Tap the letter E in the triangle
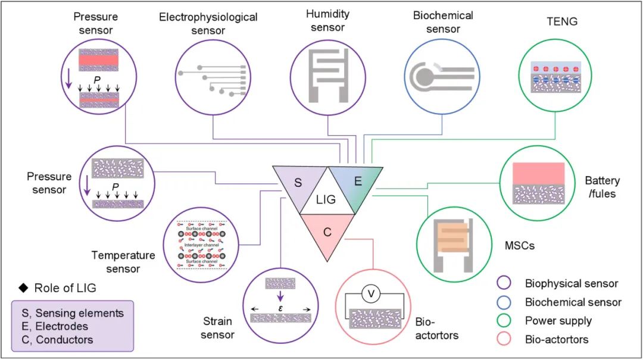click(x=358, y=182)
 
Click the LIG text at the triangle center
click(x=326, y=200)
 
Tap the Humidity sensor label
click(x=329, y=21)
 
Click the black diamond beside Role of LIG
click(x=24, y=289)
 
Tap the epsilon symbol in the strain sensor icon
click(x=280, y=309)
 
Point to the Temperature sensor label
click(x=123, y=262)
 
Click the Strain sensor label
click(x=217, y=328)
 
